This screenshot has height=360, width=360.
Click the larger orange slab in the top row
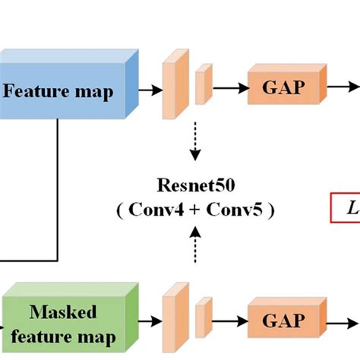point(173,87)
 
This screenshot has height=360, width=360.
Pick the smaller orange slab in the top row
point(202,85)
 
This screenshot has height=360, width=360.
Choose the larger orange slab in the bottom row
point(174,319)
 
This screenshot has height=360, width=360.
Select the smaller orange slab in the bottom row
point(202,317)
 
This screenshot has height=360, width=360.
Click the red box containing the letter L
point(346,207)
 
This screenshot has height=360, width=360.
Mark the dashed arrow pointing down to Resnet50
point(195,141)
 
